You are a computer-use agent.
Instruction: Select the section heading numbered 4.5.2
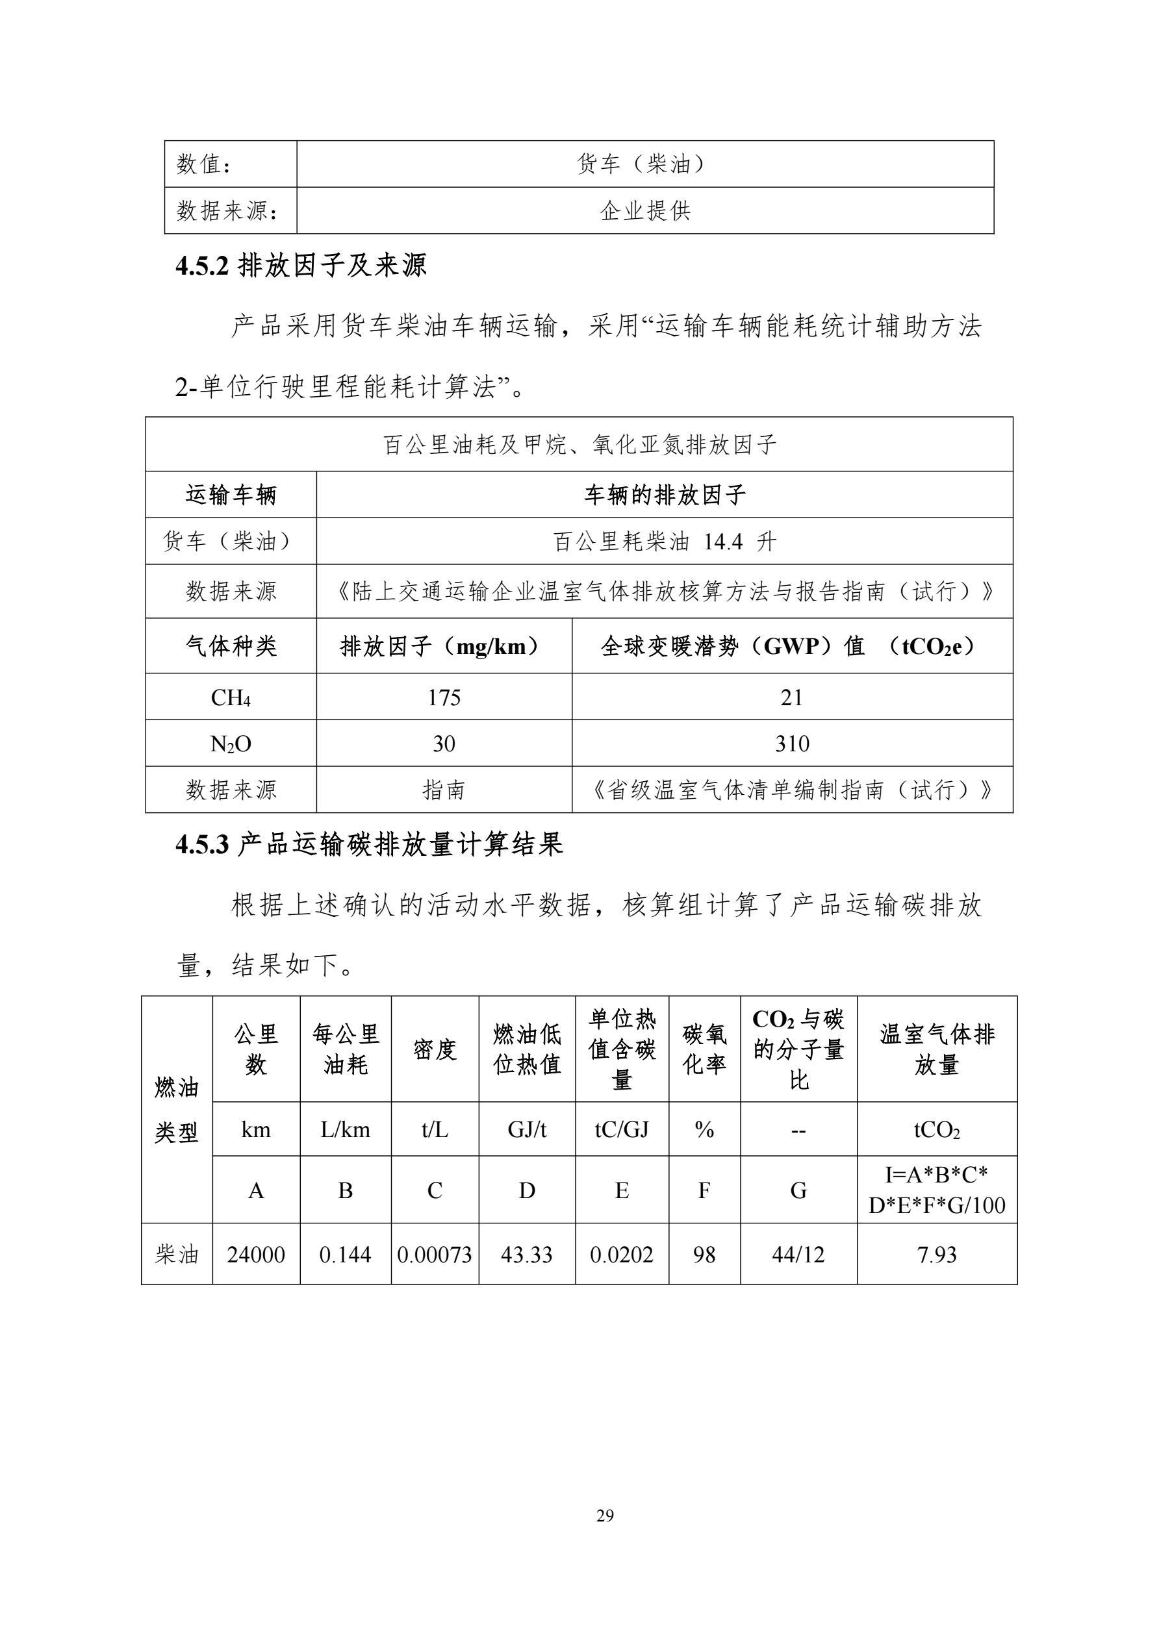click(x=301, y=266)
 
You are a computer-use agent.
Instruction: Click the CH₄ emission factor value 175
click(x=444, y=697)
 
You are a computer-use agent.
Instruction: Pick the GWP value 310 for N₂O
click(x=792, y=743)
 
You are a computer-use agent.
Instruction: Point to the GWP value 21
click(x=792, y=697)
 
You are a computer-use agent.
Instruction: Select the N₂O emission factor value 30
click(x=444, y=743)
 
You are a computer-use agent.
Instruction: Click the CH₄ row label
click(x=231, y=697)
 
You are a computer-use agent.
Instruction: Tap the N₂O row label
click(x=231, y=743)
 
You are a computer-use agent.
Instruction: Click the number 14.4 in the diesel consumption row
click(x=723, y=542)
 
